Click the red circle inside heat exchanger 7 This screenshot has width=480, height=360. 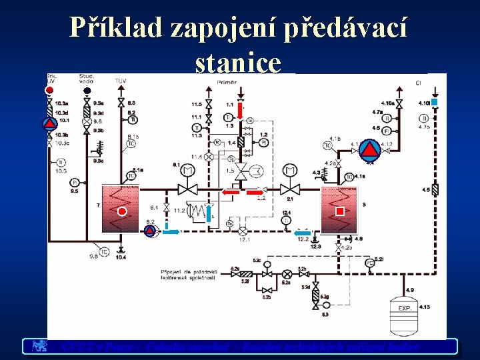(122, 212)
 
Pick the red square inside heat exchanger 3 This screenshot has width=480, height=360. (340, 211)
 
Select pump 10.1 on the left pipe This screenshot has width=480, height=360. (50, 123)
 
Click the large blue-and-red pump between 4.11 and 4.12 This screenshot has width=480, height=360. (370, 147)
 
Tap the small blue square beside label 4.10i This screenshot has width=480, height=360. (434, 102)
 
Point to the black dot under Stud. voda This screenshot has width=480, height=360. (87, 90)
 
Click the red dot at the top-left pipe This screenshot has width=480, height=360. (49, 89)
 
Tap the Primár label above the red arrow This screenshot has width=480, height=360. (227, 81)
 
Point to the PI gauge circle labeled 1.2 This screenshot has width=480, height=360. (263, 142)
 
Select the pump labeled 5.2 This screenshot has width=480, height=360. (150, 231)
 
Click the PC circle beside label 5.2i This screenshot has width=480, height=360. (370, 263)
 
